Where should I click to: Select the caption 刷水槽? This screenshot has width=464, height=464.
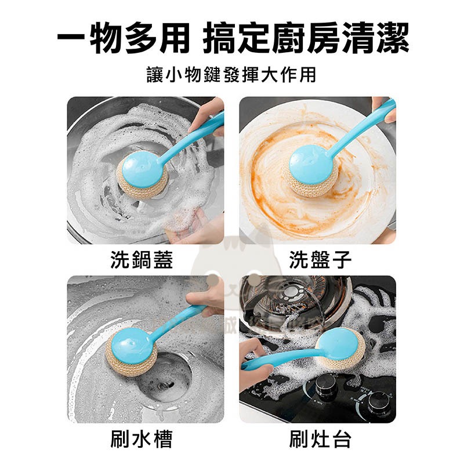(x=142, y=439)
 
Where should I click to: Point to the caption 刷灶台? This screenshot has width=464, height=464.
(x=320, y=439)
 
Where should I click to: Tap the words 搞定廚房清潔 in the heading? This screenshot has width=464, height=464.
(x=307, y=39)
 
